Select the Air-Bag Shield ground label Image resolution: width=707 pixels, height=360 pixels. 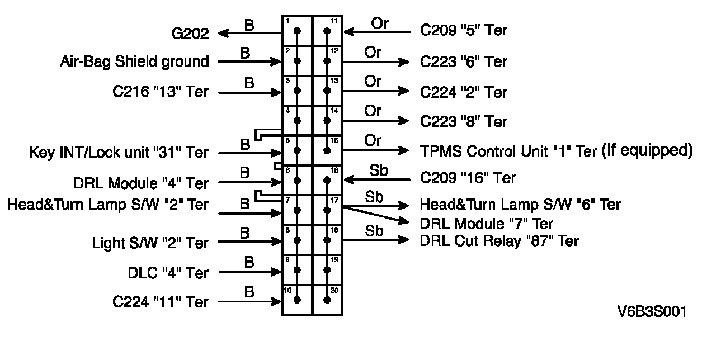point(134,61)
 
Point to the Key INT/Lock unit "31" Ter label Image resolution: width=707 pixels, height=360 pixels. point(119,153)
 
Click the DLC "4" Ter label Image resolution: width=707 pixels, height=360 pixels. point(168,273)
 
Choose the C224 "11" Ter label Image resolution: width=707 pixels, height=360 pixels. point(161,302)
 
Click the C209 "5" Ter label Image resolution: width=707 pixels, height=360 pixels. point(464,30)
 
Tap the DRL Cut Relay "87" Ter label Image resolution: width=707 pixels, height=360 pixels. point(499,241)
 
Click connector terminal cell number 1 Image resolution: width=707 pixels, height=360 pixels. point(297,31)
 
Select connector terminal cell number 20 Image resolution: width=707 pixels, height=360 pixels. point(327,300)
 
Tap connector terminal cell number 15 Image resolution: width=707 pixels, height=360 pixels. point(327,150)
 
